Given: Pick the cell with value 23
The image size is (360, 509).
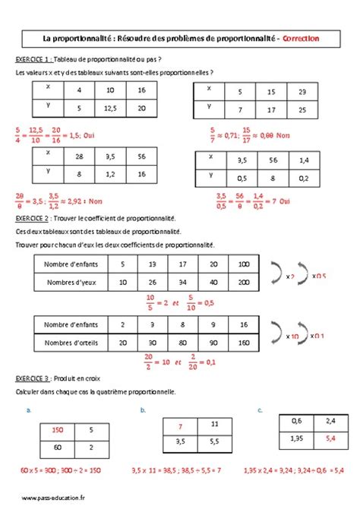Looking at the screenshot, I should [x=302, y=91].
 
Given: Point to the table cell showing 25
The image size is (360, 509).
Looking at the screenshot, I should [x=302, y=110].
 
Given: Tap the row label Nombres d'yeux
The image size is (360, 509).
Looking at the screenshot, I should [x=66, y=282].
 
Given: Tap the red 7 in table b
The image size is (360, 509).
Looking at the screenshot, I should [x=181, y=425].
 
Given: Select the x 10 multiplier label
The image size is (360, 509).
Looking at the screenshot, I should [x=291, y=335].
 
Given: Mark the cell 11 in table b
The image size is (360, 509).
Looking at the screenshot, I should [x=215, y=424].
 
